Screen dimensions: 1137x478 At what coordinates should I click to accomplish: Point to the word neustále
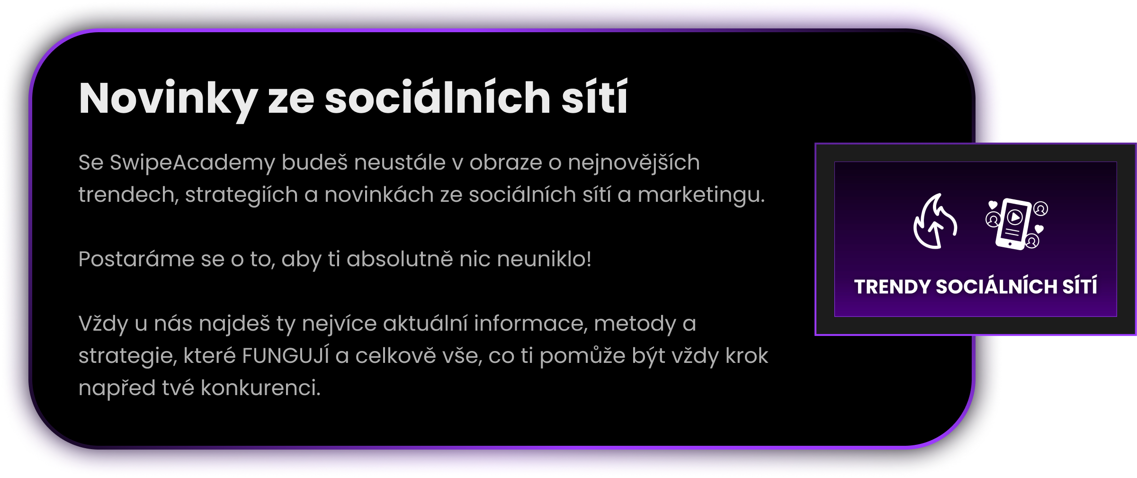[400, 162]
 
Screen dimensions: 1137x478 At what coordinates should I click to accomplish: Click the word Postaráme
[137, 259]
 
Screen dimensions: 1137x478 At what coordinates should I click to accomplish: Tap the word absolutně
[400, 259]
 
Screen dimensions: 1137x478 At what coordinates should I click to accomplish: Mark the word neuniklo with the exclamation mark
[544, 259]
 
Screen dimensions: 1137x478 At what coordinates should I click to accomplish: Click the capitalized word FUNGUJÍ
[286, 355]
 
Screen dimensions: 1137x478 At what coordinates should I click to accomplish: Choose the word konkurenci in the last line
[260, 388]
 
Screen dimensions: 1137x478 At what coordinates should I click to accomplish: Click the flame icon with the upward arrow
[935, 221]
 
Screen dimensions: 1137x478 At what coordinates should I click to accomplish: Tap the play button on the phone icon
[1015, 217]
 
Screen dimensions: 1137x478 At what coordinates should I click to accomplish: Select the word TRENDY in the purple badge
[893, 287]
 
